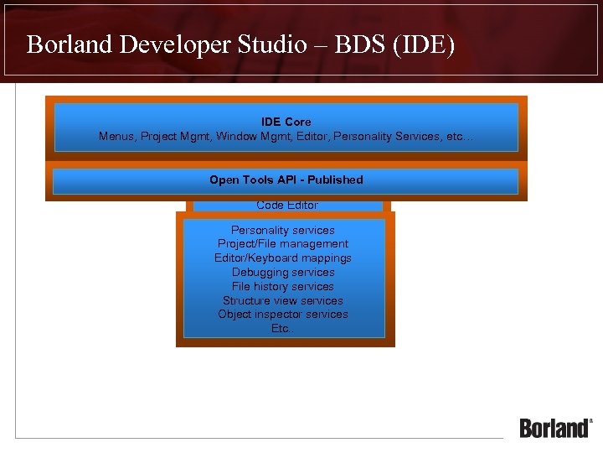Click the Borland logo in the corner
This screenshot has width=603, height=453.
pos(555,427)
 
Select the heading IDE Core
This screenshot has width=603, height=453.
pos(286,122)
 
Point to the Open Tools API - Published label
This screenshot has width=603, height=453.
pos(286,180)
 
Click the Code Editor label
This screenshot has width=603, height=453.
pos(287,206)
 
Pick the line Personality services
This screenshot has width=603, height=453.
pos(283,230)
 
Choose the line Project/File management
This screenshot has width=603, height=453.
pos(283,244)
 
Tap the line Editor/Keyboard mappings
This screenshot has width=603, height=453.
pos(283,258)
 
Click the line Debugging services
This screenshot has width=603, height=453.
pos(283,273)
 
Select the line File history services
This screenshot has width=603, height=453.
pos(283,286)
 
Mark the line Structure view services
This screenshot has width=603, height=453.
pos(283,300)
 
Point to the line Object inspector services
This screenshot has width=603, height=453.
pos(283,315)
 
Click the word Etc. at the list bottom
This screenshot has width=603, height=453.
pos(282,329)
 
